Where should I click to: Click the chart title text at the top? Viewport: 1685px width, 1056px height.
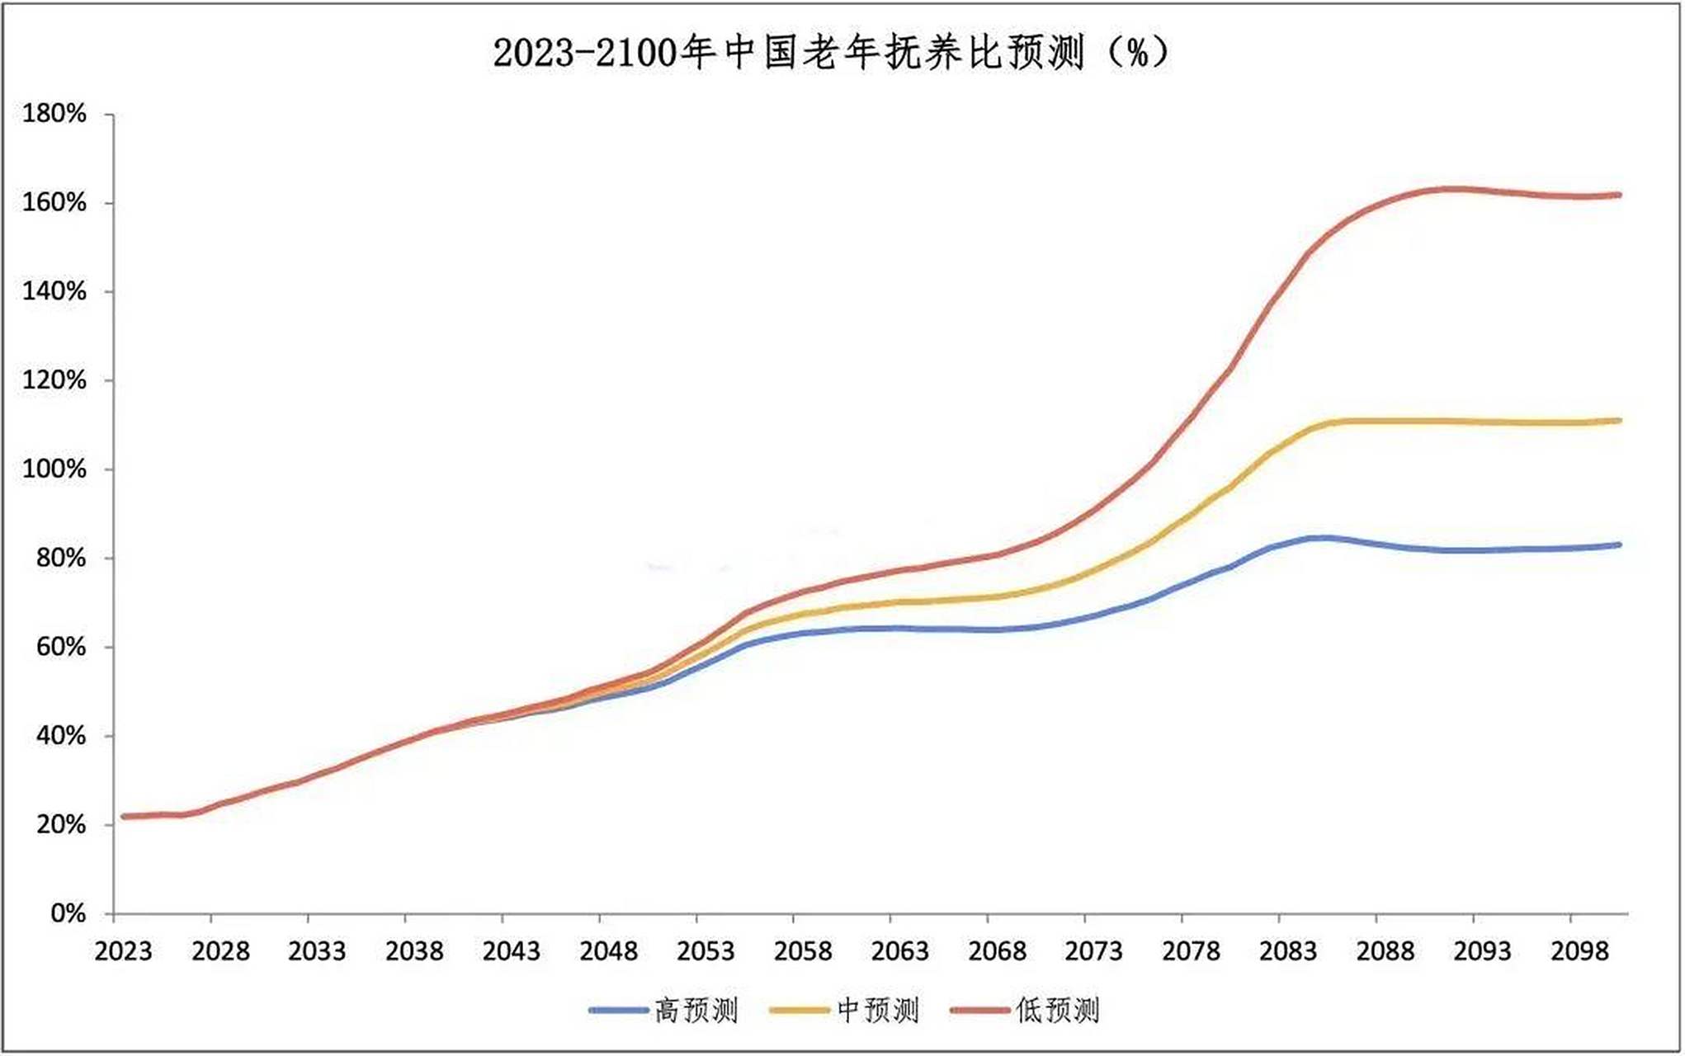832,54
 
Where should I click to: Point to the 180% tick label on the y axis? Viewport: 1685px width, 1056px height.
54,114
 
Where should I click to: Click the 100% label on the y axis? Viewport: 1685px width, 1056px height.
54,469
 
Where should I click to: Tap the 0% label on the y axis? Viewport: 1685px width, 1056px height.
68,913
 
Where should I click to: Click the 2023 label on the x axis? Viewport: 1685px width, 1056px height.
123,952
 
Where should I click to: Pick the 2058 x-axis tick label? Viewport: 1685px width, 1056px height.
803,952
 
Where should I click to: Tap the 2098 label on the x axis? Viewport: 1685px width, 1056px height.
1579,952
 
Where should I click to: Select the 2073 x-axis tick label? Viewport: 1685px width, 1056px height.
1094,952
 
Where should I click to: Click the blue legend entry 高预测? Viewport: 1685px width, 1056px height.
665,1010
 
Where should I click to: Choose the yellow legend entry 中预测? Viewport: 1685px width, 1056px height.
845,1010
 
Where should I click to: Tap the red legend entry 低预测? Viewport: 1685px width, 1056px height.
1026,1010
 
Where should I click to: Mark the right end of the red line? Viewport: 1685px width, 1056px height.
1619,196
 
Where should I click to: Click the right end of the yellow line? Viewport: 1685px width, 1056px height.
1619,421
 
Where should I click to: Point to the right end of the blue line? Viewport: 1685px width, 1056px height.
1619,544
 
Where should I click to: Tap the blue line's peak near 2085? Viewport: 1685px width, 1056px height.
1320,538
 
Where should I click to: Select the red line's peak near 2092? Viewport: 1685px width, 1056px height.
1452,189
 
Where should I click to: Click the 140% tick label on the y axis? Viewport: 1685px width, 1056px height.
54,291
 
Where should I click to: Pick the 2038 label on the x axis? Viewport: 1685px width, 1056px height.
414,952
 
